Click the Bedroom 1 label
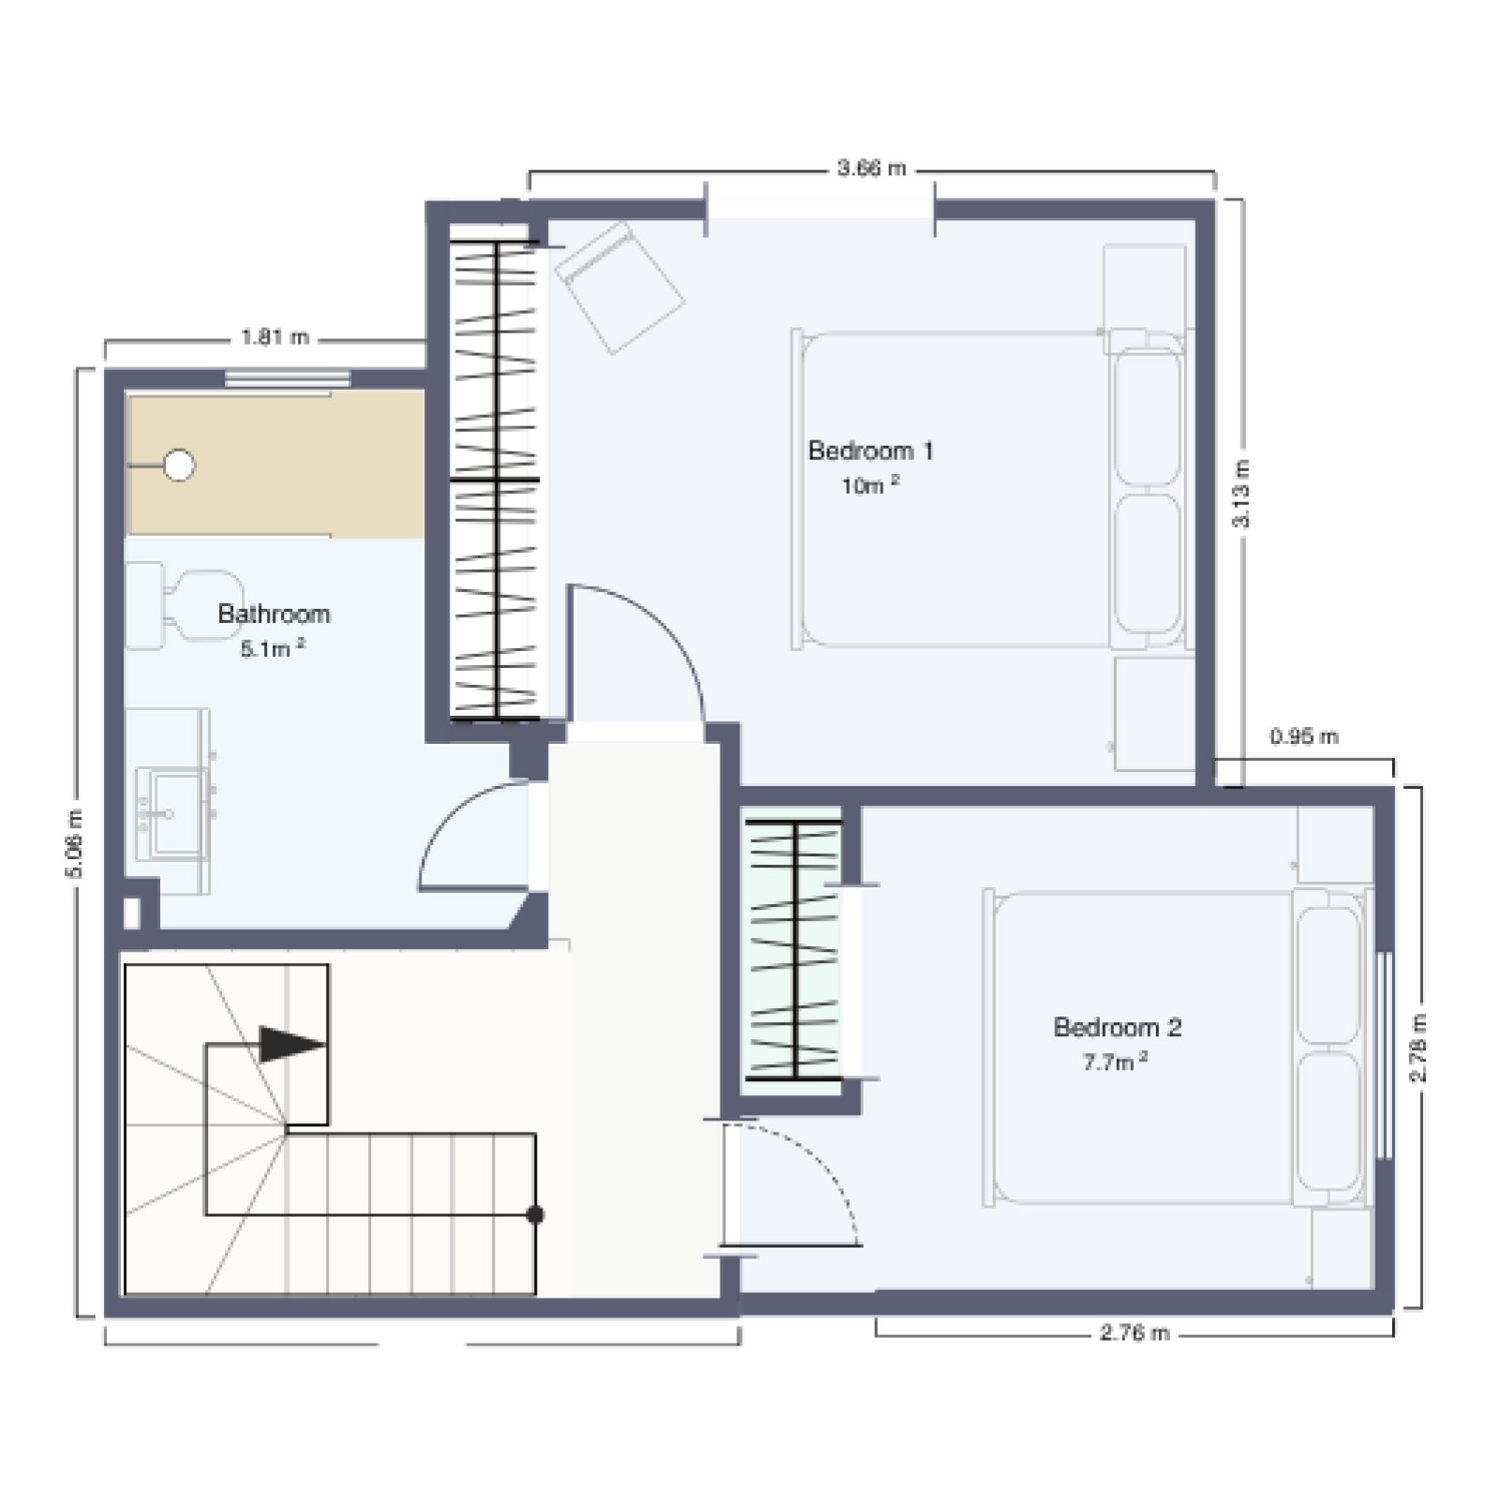(x=870, y=451)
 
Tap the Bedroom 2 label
(x=1117, y=1027)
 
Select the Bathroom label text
(x=274, y=614)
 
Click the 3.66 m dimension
(x=871, y=169)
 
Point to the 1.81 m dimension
(x=275, y=337)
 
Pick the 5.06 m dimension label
(x=74, y=843)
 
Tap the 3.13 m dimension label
(x=1240, y=494)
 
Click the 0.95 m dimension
(x=1304, y=736)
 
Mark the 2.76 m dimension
(x=1135, y=1332)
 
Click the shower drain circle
(x=179, y=465)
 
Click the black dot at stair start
(x=535, y=1215)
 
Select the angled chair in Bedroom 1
(x=619, y=287)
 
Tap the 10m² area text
(x=870, y=485)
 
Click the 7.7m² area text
(x=1115, y=1061)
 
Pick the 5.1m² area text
(x=273, y=648)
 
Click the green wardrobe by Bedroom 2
(x=794, y=948)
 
